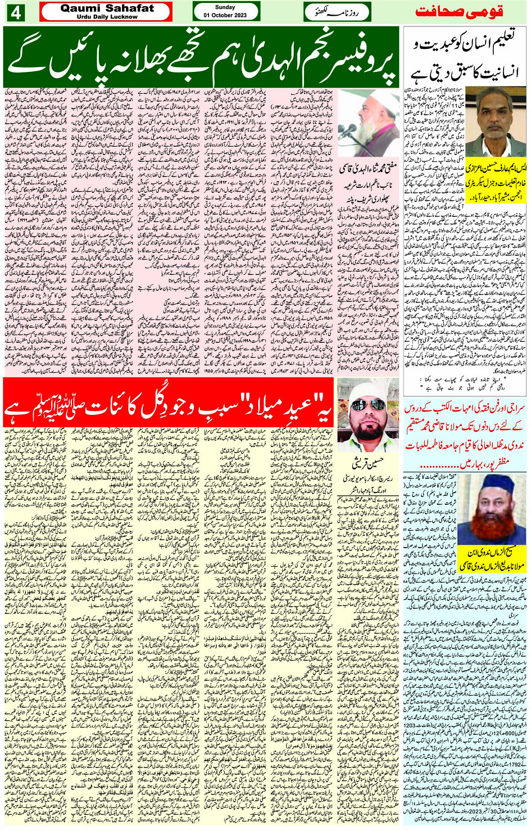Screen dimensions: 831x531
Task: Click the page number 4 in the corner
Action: pos(15,12)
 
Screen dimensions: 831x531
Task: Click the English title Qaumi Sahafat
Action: pos(107,8)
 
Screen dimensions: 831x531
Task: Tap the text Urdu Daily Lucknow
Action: pos(107,17)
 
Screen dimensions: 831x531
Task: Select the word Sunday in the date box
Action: pos(225,7)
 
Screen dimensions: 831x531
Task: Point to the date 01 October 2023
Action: pos(225,15)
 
